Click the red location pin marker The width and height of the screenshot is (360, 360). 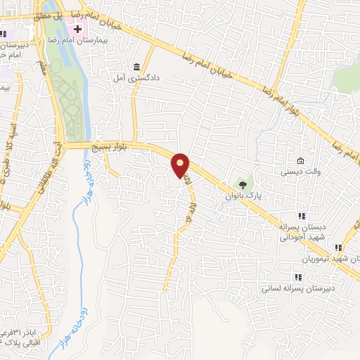point(181,165)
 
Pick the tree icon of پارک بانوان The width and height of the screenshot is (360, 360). point(243,184)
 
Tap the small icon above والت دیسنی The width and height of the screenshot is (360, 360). point(301,161)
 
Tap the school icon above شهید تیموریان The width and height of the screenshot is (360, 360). point(338,247)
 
